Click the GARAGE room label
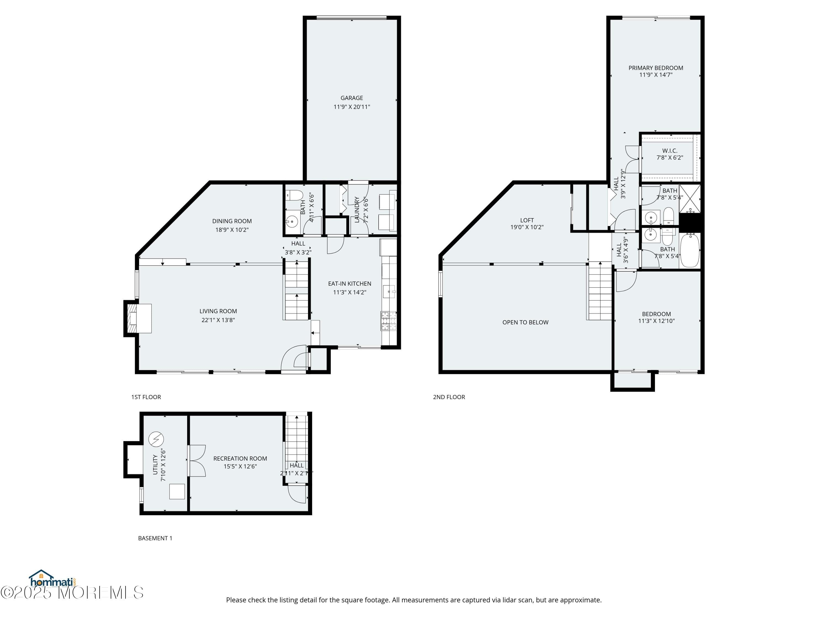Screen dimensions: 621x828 (x=352, y=98)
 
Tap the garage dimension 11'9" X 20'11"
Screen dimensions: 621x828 (x=352, y=107)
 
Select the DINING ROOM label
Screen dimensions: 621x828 (x=232, y=221)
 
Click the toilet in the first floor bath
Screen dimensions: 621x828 (x=294, y=195)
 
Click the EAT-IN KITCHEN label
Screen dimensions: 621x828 (x=349, y=284)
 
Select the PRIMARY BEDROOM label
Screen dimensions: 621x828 (x=655, y=68)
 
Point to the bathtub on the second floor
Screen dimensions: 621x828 (x=689, y=250)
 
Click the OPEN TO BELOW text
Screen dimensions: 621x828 (x=525, y=322)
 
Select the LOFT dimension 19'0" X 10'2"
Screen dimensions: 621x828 (x=527, y=227)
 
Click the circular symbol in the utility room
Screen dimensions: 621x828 (x=156, y=439)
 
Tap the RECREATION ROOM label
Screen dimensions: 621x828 (x=240, y=458)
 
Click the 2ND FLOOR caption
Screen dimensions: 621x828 (x=449, y=397)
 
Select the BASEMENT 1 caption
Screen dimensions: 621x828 (x=155, y=538)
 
